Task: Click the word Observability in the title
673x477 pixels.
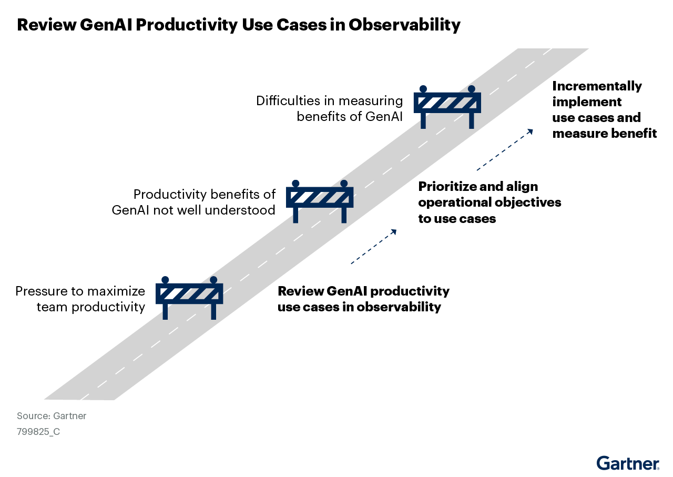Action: point(404,25)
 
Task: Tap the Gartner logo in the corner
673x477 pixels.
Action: point(628,463)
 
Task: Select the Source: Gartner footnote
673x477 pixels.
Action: point(52,415)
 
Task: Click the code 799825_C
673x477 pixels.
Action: point(38,432)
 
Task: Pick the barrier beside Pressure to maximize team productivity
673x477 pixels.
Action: point(189,298)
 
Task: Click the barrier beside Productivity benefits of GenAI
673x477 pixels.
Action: point(320,201)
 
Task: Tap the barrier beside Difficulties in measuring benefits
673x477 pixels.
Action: point(447,107)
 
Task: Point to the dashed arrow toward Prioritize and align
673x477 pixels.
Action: point(374,247)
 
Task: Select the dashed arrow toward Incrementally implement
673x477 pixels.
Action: point(505,149)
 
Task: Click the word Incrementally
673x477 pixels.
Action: point(597,87)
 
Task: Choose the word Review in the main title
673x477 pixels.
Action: point(47,25)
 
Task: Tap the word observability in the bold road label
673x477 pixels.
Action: point(399,307)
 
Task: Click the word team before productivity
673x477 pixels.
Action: point(52,307)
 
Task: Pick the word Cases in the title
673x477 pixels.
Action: point(301,25)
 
